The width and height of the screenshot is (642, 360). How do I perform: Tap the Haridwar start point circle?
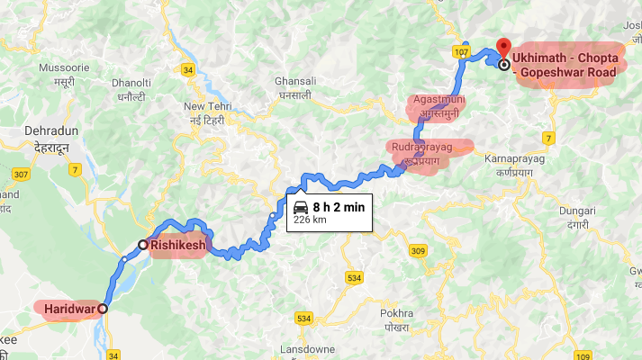102,309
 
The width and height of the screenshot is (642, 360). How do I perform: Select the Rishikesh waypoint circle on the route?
142,244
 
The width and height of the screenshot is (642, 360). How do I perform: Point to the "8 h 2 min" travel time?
339,207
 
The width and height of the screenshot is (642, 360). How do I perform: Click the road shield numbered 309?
416,250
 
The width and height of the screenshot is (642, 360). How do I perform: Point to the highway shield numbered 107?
462,54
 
